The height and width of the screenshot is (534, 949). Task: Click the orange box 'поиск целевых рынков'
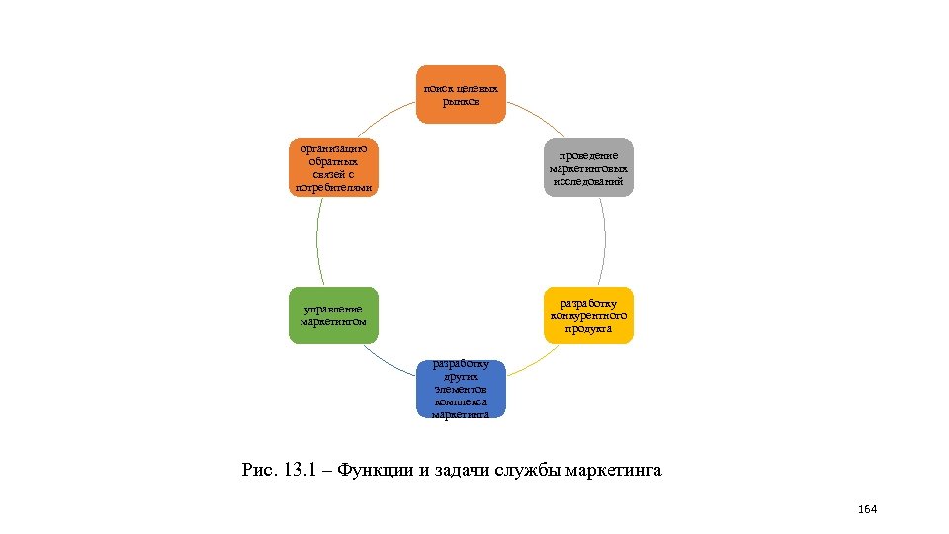coord(461,94)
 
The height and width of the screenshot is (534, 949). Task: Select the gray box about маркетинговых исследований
coord(589,167)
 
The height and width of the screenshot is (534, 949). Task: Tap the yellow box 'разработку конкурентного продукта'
coord(588,315)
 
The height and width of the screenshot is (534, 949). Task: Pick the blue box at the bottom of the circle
coord(461,389)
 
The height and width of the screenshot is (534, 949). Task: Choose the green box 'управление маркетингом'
coord(333,315)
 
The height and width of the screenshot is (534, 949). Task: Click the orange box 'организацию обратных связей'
coord(333,167)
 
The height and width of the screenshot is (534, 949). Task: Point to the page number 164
coord(868,509)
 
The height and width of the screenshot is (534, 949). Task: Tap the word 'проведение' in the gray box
coord(589,156)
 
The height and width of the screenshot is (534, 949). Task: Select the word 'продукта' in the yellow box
coord(588,328)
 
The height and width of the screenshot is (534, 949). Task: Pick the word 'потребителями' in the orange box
coord(333,188)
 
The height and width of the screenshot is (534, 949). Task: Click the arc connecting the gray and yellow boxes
coord(605,241)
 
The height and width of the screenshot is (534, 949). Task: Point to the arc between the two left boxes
coord(317,241)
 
